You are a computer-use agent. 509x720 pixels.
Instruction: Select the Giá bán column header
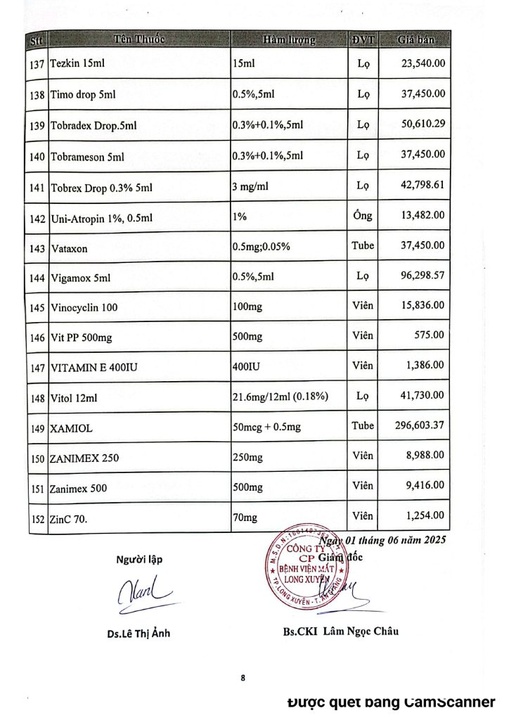click(415, 39)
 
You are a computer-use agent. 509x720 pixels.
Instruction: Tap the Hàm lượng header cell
click(289, 39)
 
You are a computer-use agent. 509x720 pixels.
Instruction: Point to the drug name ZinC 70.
click(72, 518)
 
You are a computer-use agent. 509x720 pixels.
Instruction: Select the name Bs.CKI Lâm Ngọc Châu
click(337, 631)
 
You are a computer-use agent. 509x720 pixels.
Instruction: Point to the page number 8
click(243, 678)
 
